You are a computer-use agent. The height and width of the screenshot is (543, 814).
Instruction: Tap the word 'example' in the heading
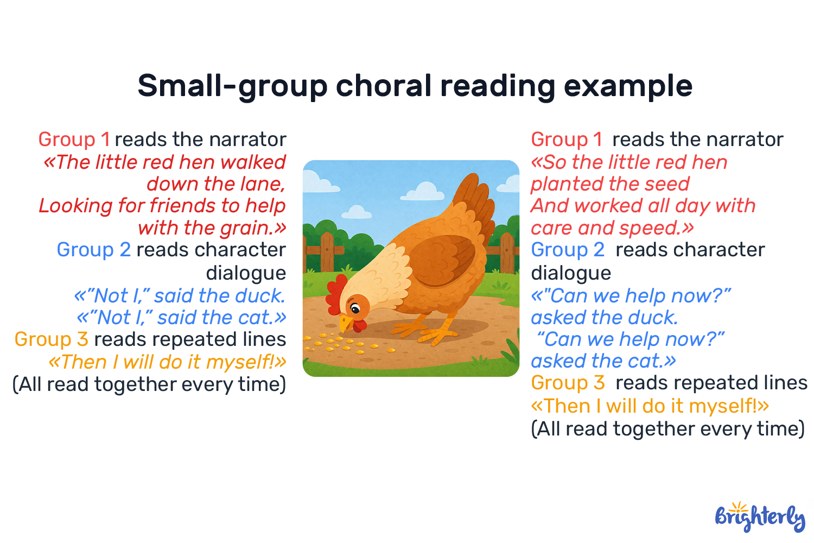tap(628, 86)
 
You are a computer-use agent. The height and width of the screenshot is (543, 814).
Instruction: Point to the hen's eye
tap(355, 310)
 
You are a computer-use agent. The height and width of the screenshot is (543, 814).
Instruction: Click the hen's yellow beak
tap(345, 323)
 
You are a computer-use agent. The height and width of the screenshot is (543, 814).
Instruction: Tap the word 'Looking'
tap(75, 206)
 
